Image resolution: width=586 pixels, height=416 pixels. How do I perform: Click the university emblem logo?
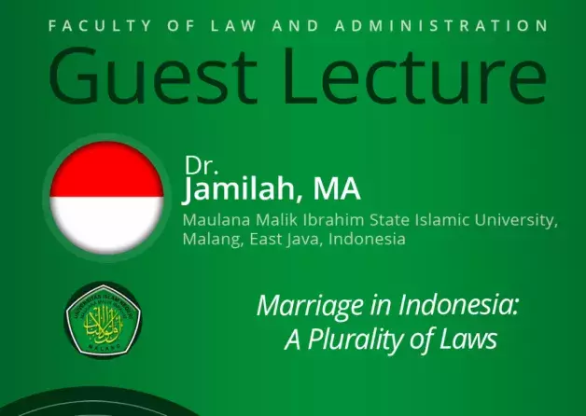pos(103,320)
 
